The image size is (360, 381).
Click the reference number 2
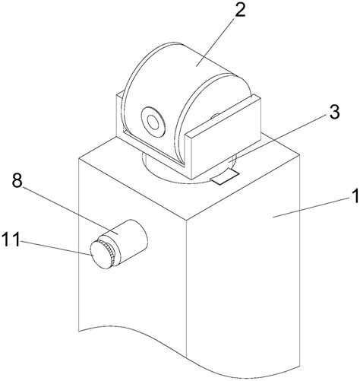pos(240,11)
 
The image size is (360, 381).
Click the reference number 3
pos(334,112)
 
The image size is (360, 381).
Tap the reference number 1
pos(355,195)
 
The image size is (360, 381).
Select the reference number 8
pos(17,181)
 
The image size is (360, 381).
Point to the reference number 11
pos(11,240)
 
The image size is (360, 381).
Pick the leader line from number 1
pos(312,208)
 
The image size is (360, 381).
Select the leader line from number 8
pos(71,209)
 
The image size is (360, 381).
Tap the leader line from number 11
pos(55,247)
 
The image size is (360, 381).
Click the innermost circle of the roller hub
pos(153,122)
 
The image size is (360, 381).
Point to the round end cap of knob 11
pos(100,255)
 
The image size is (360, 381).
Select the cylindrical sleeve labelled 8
pos(126,241)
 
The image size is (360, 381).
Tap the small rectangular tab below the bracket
pos(225,176)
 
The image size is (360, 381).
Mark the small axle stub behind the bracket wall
pos(215,116)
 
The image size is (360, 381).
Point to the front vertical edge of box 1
pos(186,288)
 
